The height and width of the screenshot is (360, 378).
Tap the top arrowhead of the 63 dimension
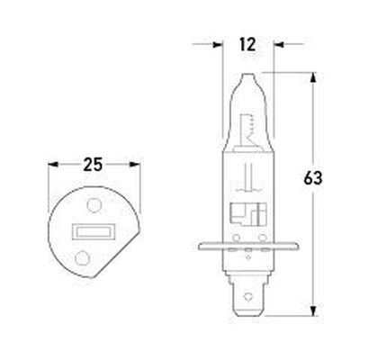coord(312,74)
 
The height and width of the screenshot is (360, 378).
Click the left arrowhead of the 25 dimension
coord(51,165)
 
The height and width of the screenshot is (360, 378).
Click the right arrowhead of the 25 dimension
coord(138,165)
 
